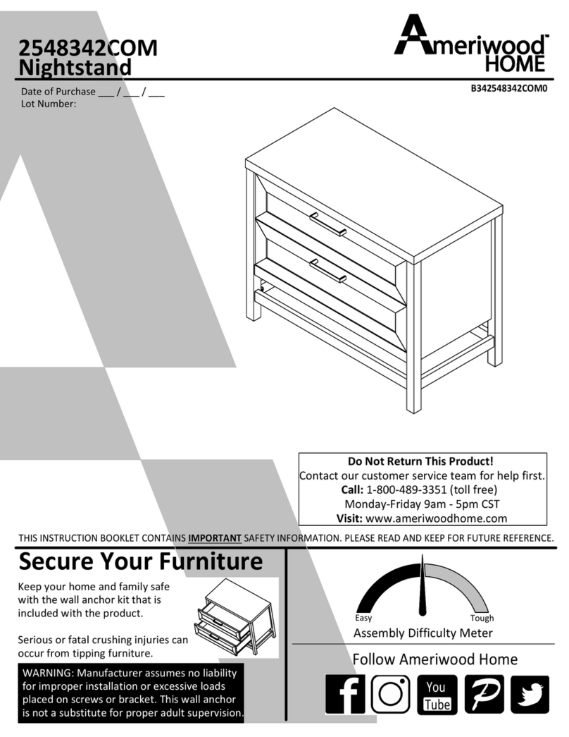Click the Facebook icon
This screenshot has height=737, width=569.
coord(344,694)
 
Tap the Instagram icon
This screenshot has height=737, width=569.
coord(391,694)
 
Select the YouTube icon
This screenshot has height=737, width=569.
coord(437,694)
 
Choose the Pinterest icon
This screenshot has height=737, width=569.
coord(484,694)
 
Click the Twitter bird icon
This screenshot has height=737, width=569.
coord(530,694)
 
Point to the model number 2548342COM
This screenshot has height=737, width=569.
coord(88,48)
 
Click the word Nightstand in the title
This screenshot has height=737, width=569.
coord(75,67)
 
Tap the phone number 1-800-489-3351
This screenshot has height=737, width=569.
coord(406,489)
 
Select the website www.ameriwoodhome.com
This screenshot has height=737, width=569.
coord(436,518)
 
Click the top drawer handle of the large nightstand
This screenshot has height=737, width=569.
coord(327,224)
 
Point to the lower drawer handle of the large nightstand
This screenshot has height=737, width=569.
coord(327,272)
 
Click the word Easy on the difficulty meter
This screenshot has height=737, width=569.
coord(363,618)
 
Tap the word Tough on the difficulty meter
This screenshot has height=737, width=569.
coord(482,618)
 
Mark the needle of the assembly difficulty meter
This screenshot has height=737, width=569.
coord(423,585)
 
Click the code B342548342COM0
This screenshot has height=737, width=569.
coord(509,88)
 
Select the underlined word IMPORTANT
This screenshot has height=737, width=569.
coord(215,537)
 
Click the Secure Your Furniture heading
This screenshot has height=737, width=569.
coord(140,561)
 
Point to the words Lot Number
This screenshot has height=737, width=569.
coord(49,104)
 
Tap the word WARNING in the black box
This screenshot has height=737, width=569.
coord(48,673)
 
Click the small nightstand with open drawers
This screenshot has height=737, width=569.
coord(235,616)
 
